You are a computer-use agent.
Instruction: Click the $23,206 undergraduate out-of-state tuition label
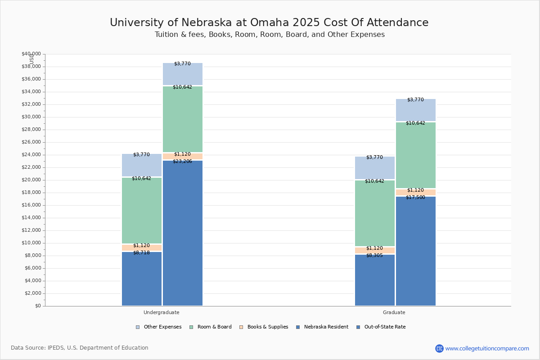click(x=182, y=161)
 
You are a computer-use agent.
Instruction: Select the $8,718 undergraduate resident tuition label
click(x=141, y=252)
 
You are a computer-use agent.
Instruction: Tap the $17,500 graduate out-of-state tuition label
click(x=415, y=197)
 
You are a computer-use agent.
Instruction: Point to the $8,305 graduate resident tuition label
click(x=374, y=255)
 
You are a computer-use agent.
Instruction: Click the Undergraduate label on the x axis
click(x=162, y=312)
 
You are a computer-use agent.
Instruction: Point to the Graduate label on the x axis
click(x=394, y=312)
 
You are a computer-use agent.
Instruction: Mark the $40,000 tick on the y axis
click(x=31, y=54)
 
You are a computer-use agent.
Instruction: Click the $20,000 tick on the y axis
click(x=31, y=180)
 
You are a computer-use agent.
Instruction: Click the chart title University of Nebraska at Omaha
click(x=269, y=23)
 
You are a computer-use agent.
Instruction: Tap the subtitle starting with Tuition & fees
click(x=269, y=35)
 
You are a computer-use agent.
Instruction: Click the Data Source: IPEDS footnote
click(x=80, y=348)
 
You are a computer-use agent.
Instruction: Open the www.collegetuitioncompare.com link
click(x=487, y=348)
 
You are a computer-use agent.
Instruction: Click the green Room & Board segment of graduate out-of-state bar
click(x=415, y=155)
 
